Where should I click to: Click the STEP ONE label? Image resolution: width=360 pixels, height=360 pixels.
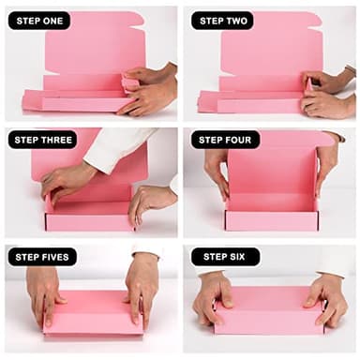coord(39,20)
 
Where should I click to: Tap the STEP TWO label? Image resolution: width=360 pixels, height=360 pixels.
coord(222,20)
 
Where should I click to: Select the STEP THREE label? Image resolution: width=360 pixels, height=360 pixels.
coord(43,139)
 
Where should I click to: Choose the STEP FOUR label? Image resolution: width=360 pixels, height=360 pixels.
coord(225,139)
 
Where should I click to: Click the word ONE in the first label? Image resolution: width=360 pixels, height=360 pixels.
coord(53,20)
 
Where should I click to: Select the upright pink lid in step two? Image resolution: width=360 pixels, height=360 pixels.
coord(272,42)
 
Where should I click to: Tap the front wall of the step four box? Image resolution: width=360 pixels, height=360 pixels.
coord(272,220)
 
